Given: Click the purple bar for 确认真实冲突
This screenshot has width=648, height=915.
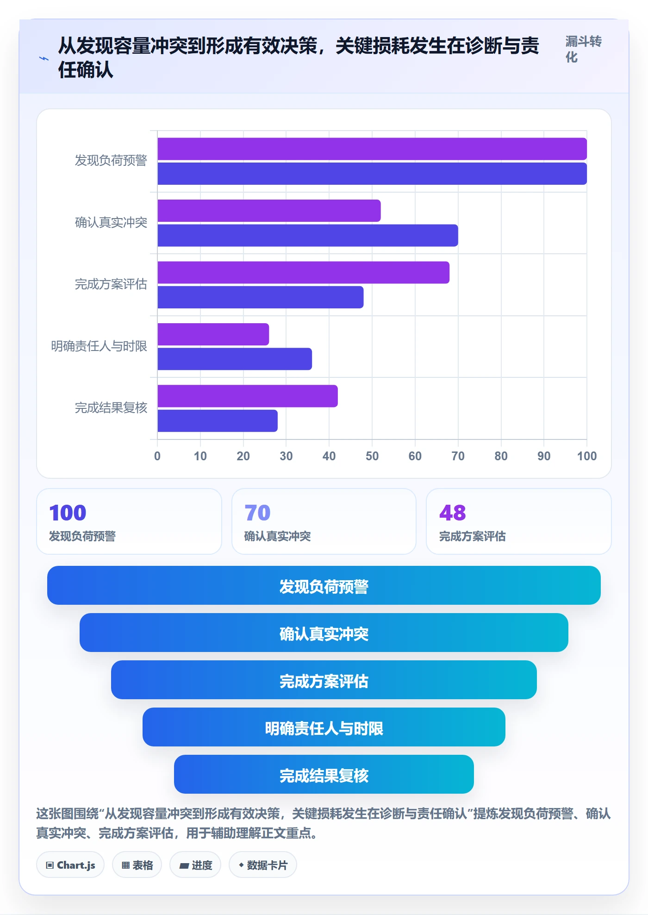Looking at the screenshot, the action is (269, 211).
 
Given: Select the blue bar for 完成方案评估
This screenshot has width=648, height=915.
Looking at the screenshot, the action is (261, 297).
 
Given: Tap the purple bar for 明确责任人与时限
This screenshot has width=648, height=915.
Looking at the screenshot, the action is (213, 334).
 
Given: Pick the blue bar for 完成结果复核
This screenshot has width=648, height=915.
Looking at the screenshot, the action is (218, 421).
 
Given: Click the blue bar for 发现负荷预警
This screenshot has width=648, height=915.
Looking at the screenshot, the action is (372, 174).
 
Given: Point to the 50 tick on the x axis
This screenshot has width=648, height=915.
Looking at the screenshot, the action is (372, 456).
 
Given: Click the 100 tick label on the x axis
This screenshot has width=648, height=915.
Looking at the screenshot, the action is (587, 456).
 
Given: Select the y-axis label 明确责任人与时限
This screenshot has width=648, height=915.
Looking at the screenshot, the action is (99, 346).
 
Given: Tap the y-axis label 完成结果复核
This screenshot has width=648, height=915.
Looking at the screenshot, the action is (111, 407).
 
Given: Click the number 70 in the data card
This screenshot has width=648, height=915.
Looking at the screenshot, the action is (257, 513).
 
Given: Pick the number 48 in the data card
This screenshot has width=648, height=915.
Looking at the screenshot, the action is (453, 513).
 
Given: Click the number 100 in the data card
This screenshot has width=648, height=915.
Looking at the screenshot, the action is (68, 513).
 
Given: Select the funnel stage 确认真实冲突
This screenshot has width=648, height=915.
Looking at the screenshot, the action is (324, 633).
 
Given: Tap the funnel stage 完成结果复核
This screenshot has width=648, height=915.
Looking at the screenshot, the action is (324, 774).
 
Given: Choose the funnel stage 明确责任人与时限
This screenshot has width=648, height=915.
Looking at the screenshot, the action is (324, 727).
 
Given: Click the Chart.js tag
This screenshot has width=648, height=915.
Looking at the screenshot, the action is (70, 865).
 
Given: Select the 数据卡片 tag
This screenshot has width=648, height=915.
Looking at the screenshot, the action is (263, 865).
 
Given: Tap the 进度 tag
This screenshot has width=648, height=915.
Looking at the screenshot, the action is (195, 865).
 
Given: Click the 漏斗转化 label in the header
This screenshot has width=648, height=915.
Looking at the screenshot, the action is (583, 49).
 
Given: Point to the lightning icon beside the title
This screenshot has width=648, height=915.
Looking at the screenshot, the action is (44, 58).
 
